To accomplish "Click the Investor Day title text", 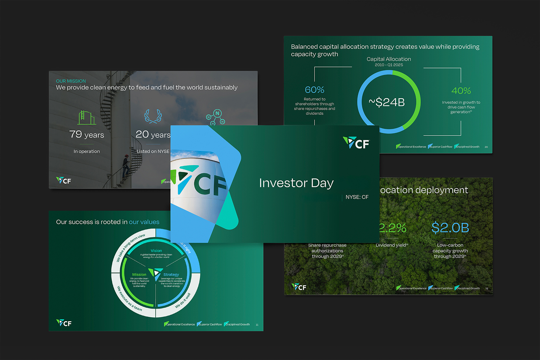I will pos(296,183).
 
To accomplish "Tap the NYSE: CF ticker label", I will pos(357,197).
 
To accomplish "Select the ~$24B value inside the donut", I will pos(387,103).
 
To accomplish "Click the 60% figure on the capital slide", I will pos(314,90).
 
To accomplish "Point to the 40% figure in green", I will pos(461,91).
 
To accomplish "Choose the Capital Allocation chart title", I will pos(389,59).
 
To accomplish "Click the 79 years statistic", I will pos(86,134).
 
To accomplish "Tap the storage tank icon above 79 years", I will pos(86,117).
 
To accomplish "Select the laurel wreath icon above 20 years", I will pos(153,117).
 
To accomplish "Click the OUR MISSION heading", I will pos(71,81).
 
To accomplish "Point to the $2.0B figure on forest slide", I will pos(450,228).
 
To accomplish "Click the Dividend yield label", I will pos(392,246).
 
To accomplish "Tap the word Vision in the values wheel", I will pos(156,251).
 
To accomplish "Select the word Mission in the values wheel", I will pos(139,274).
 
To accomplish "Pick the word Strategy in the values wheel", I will pos(171,274).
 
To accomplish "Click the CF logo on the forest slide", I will pos(299,287).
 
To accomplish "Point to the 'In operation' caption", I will pos(86,151).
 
